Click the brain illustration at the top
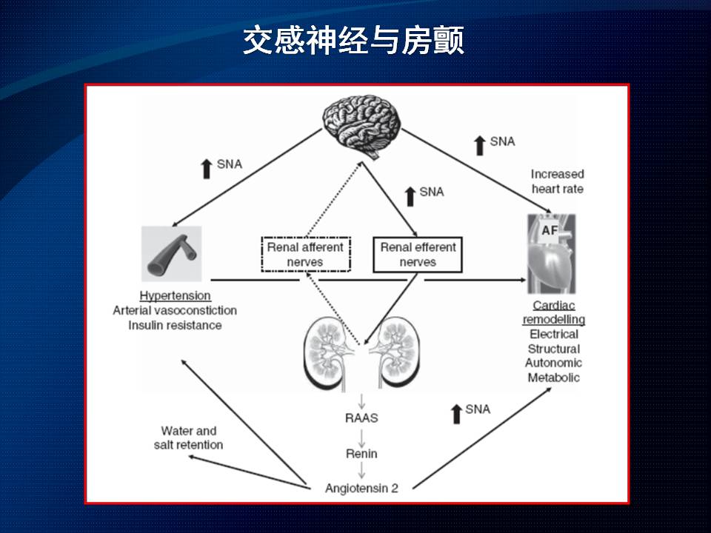tap(362, 127)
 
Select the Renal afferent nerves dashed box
tap(305, 255)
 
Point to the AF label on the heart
tap(550, 231)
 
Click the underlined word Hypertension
tap(175, 296)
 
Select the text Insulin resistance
tap(175, 325)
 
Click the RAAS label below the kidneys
tap(361, 418)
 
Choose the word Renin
tap(361, 453)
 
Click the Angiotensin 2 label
tap(361, 488)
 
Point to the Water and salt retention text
tap(189, 438)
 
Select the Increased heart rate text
tap(557, 181)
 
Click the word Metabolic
tap(553, 378)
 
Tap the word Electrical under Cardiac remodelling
tap(553, 335)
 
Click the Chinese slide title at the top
tap(354, 41)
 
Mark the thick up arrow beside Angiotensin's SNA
tap(456, 413)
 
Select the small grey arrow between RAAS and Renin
tap(361, 436)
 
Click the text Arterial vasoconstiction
tap(175, 311)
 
